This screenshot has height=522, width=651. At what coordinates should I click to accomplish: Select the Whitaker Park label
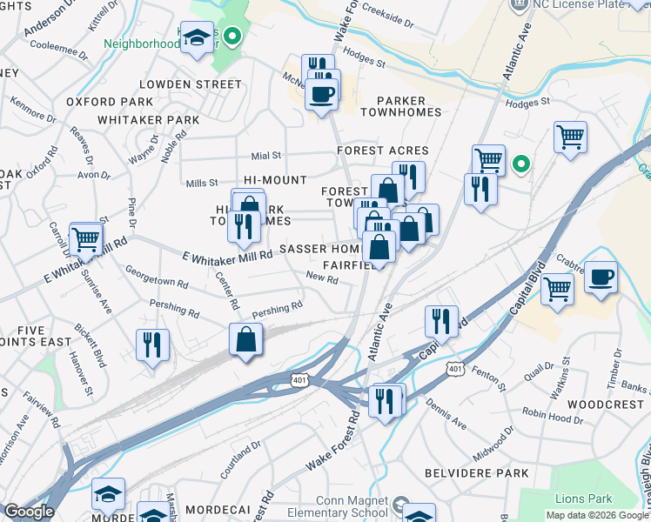point(149,119)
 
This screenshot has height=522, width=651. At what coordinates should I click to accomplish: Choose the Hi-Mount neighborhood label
point(275,180)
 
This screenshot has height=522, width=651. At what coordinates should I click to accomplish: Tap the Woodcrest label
point(607,405)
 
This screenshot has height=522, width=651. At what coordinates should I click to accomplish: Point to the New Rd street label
point(322,278)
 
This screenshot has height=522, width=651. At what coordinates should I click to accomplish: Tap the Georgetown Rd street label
point(157,277)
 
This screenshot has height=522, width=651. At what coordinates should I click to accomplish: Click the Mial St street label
point(265,156)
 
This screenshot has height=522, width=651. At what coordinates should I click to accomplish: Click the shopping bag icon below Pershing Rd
point(246,339)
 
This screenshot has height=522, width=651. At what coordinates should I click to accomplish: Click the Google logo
point(29,512)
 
